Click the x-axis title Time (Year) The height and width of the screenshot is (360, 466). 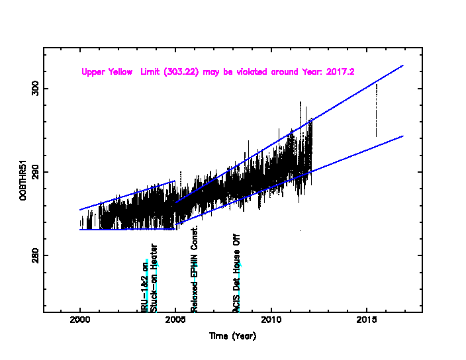[233, 336]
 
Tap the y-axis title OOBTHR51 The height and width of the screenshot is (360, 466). [23, 180]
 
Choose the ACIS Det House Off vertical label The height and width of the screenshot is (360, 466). [236, 273]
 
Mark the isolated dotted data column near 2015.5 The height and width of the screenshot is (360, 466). [376, 109]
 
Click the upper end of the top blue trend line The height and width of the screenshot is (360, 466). [403, 66]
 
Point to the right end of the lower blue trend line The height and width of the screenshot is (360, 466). [403, 136]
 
